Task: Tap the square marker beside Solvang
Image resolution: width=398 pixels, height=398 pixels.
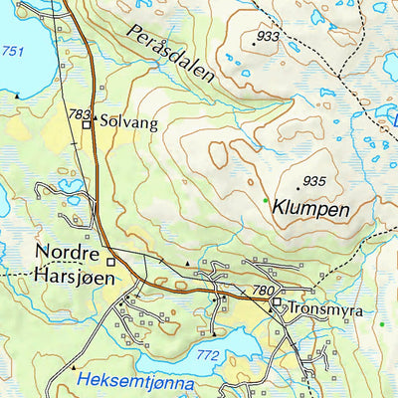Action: click(87, 125)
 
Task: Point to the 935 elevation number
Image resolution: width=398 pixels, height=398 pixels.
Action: click(313, 181)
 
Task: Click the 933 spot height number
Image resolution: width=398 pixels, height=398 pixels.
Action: click(267, 37)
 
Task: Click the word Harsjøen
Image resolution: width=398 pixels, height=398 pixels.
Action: click(70, 273)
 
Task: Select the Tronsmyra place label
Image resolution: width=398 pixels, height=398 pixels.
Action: click(319, 308)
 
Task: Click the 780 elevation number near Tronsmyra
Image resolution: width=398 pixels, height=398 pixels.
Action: click(263, 291)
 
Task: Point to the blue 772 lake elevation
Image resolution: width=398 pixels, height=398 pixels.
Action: click(207, 354)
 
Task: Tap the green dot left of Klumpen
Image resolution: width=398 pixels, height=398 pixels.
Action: click(266, 201)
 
